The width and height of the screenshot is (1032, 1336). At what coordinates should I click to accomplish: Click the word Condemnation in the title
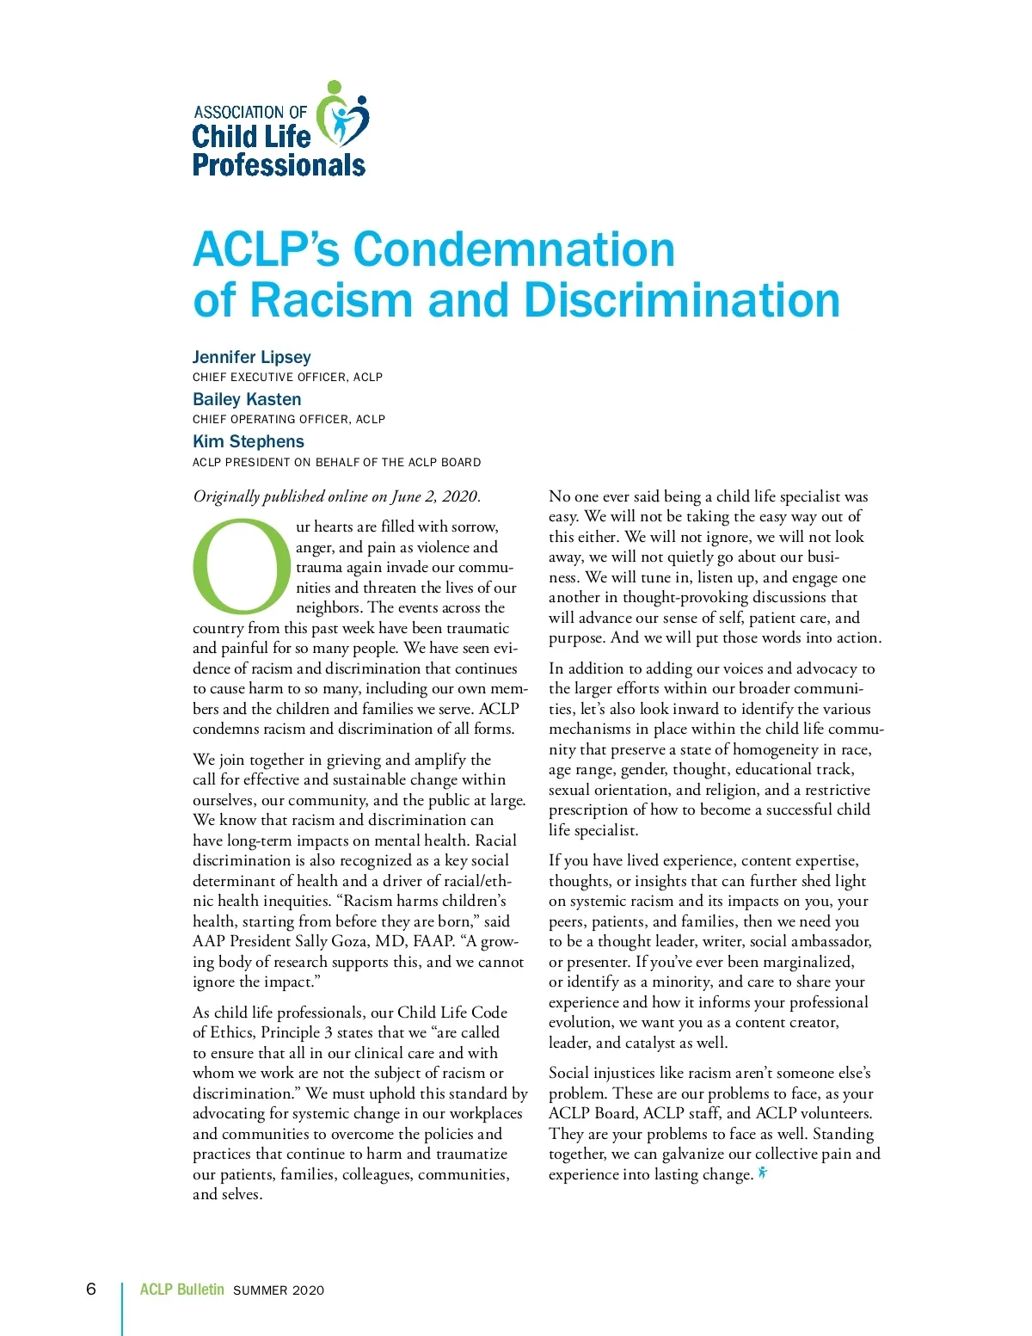pyautogui.click(x=513, y=249)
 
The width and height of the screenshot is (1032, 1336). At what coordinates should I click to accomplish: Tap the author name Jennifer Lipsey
pyautogui.click(x=251, y=357)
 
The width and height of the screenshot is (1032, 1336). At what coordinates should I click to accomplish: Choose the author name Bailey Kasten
pyautogui.click(x=247, y=399)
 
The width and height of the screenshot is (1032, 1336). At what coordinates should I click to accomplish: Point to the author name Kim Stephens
pyautogui.click(x=249, y=441)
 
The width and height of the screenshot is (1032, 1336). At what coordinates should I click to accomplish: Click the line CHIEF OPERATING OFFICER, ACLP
pyautogui.click(x=289, y=420)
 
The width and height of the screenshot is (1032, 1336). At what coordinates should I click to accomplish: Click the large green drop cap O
pyautogui.click(x=242, y=564)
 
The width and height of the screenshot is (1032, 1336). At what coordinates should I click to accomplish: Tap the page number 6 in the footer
pyautogui.click(x=91, y=1289)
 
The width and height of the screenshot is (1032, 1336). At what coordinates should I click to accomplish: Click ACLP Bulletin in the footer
pyautogui.click(x=181, y=1290)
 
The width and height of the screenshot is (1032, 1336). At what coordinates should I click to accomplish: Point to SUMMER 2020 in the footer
pyautogui.click(x=279, y=1290)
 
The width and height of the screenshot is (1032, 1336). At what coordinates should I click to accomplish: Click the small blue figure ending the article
pyautogui.click(x=763, y=1173)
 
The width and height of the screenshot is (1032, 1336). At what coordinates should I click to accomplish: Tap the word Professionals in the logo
pyautogui.click(x=279, y=165)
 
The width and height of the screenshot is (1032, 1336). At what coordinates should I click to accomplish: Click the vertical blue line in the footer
pyautogui.click(x=122, y=1308)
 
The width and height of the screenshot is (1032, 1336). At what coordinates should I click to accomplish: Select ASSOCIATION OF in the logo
pyautogui.click(x=250, y=113)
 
